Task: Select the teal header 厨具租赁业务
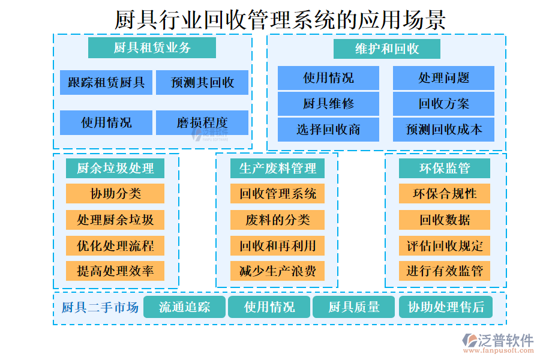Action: (152, 48)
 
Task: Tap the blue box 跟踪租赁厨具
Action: (106, 83)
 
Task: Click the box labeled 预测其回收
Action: (202, 83)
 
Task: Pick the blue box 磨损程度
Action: (202, 123)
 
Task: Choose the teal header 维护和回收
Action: (387, 49)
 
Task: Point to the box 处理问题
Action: (443, 78)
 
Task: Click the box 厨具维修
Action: (328, 104)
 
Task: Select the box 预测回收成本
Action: (443, 130)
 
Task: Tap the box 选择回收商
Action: (328, 130)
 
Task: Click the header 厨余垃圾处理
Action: (115, 169)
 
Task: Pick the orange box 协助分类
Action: (115, 194)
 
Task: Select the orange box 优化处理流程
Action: (115, 245)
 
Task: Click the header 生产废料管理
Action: (278, 169)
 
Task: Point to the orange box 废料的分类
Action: (278, 220)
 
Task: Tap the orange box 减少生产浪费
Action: (278, 271)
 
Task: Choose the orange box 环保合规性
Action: (445, 194)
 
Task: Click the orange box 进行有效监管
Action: (445, 271)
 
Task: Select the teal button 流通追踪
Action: (185, 307)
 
